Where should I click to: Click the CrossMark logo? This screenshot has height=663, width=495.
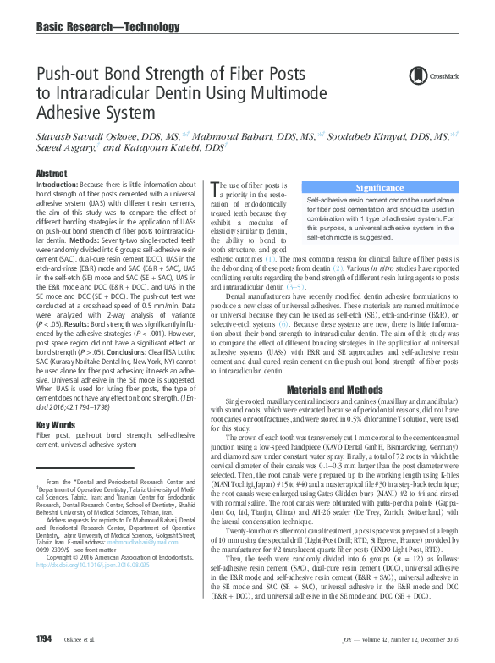(x=432, y=76)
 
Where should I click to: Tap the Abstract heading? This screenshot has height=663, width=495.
(x=51, y=172)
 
